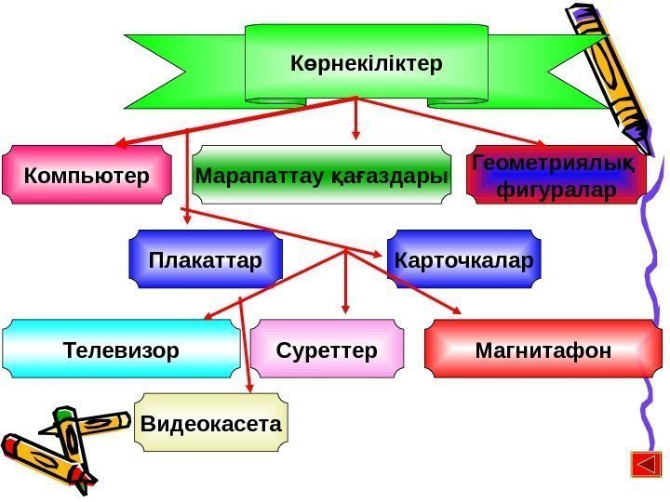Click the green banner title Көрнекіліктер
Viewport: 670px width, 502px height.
[366, 63]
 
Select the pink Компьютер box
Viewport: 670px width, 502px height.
[87, 174]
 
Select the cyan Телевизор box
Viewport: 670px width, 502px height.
[121, 350]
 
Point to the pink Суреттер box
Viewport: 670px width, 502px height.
[327, 350]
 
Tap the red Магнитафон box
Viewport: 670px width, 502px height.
[543, 350]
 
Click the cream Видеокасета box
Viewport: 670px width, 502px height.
[211, 424]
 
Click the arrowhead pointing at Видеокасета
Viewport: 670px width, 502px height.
[249, 390]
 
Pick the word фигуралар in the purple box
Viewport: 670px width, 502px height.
[556, 191]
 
